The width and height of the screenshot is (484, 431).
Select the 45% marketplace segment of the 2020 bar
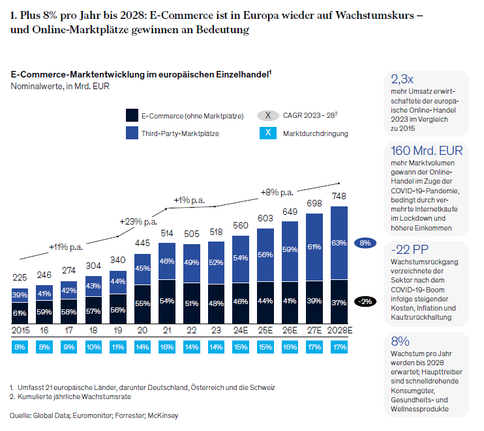(x=142, y=268)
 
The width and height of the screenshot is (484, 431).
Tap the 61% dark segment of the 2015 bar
(x=20, y=313)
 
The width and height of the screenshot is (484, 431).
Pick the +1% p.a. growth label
(x=189, y=200)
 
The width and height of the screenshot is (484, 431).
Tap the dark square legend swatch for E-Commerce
(x=132, y=115)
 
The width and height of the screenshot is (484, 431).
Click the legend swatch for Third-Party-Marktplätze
(x=132, y=133)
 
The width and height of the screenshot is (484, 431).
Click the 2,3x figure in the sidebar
(x=402, y=80)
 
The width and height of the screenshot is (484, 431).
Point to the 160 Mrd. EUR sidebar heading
(x=426, y=151)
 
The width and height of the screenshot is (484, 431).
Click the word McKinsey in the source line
(x=163, y=415)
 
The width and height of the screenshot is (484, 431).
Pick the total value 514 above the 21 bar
(x=166, y=233)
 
